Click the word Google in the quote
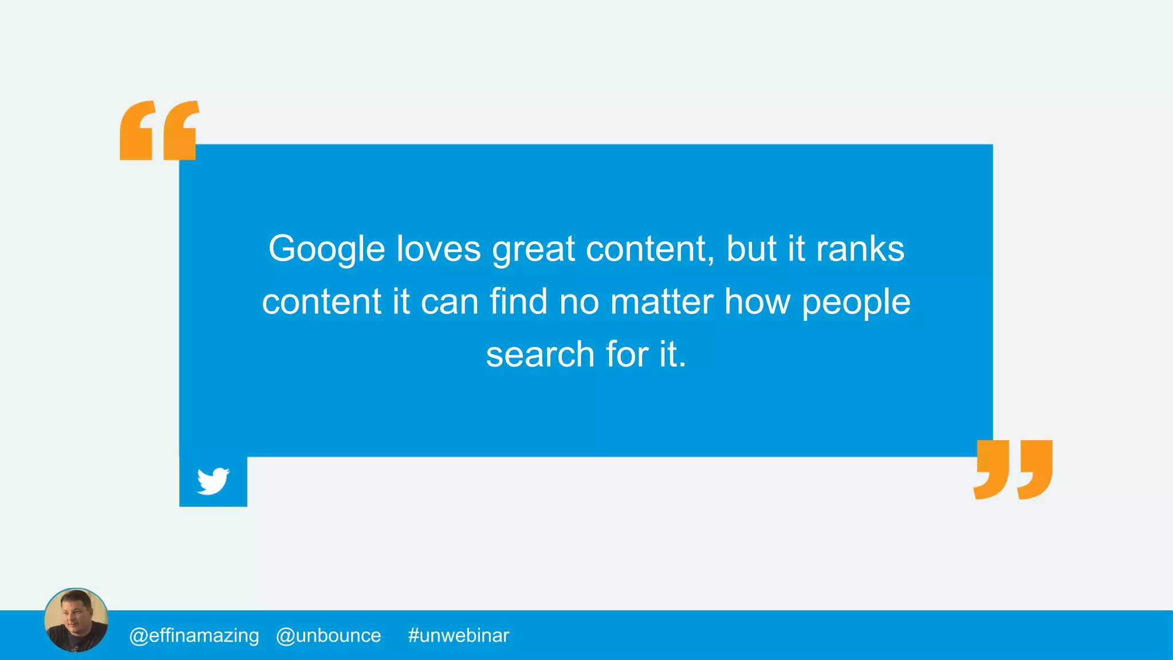(326, 250)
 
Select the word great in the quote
(533, 250)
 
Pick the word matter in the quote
(662, 302)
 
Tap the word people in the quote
(856, 302)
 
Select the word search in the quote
(540, 354)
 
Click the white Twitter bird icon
(213, 481)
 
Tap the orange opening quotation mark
(159, 131)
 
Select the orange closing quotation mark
(1013, 470)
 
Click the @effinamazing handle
(194, 635)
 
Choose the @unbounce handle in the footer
(328, 635)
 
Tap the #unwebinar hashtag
(458, 635)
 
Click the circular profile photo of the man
(76, 620)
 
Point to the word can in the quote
(450, 302)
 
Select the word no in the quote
(579, 302)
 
